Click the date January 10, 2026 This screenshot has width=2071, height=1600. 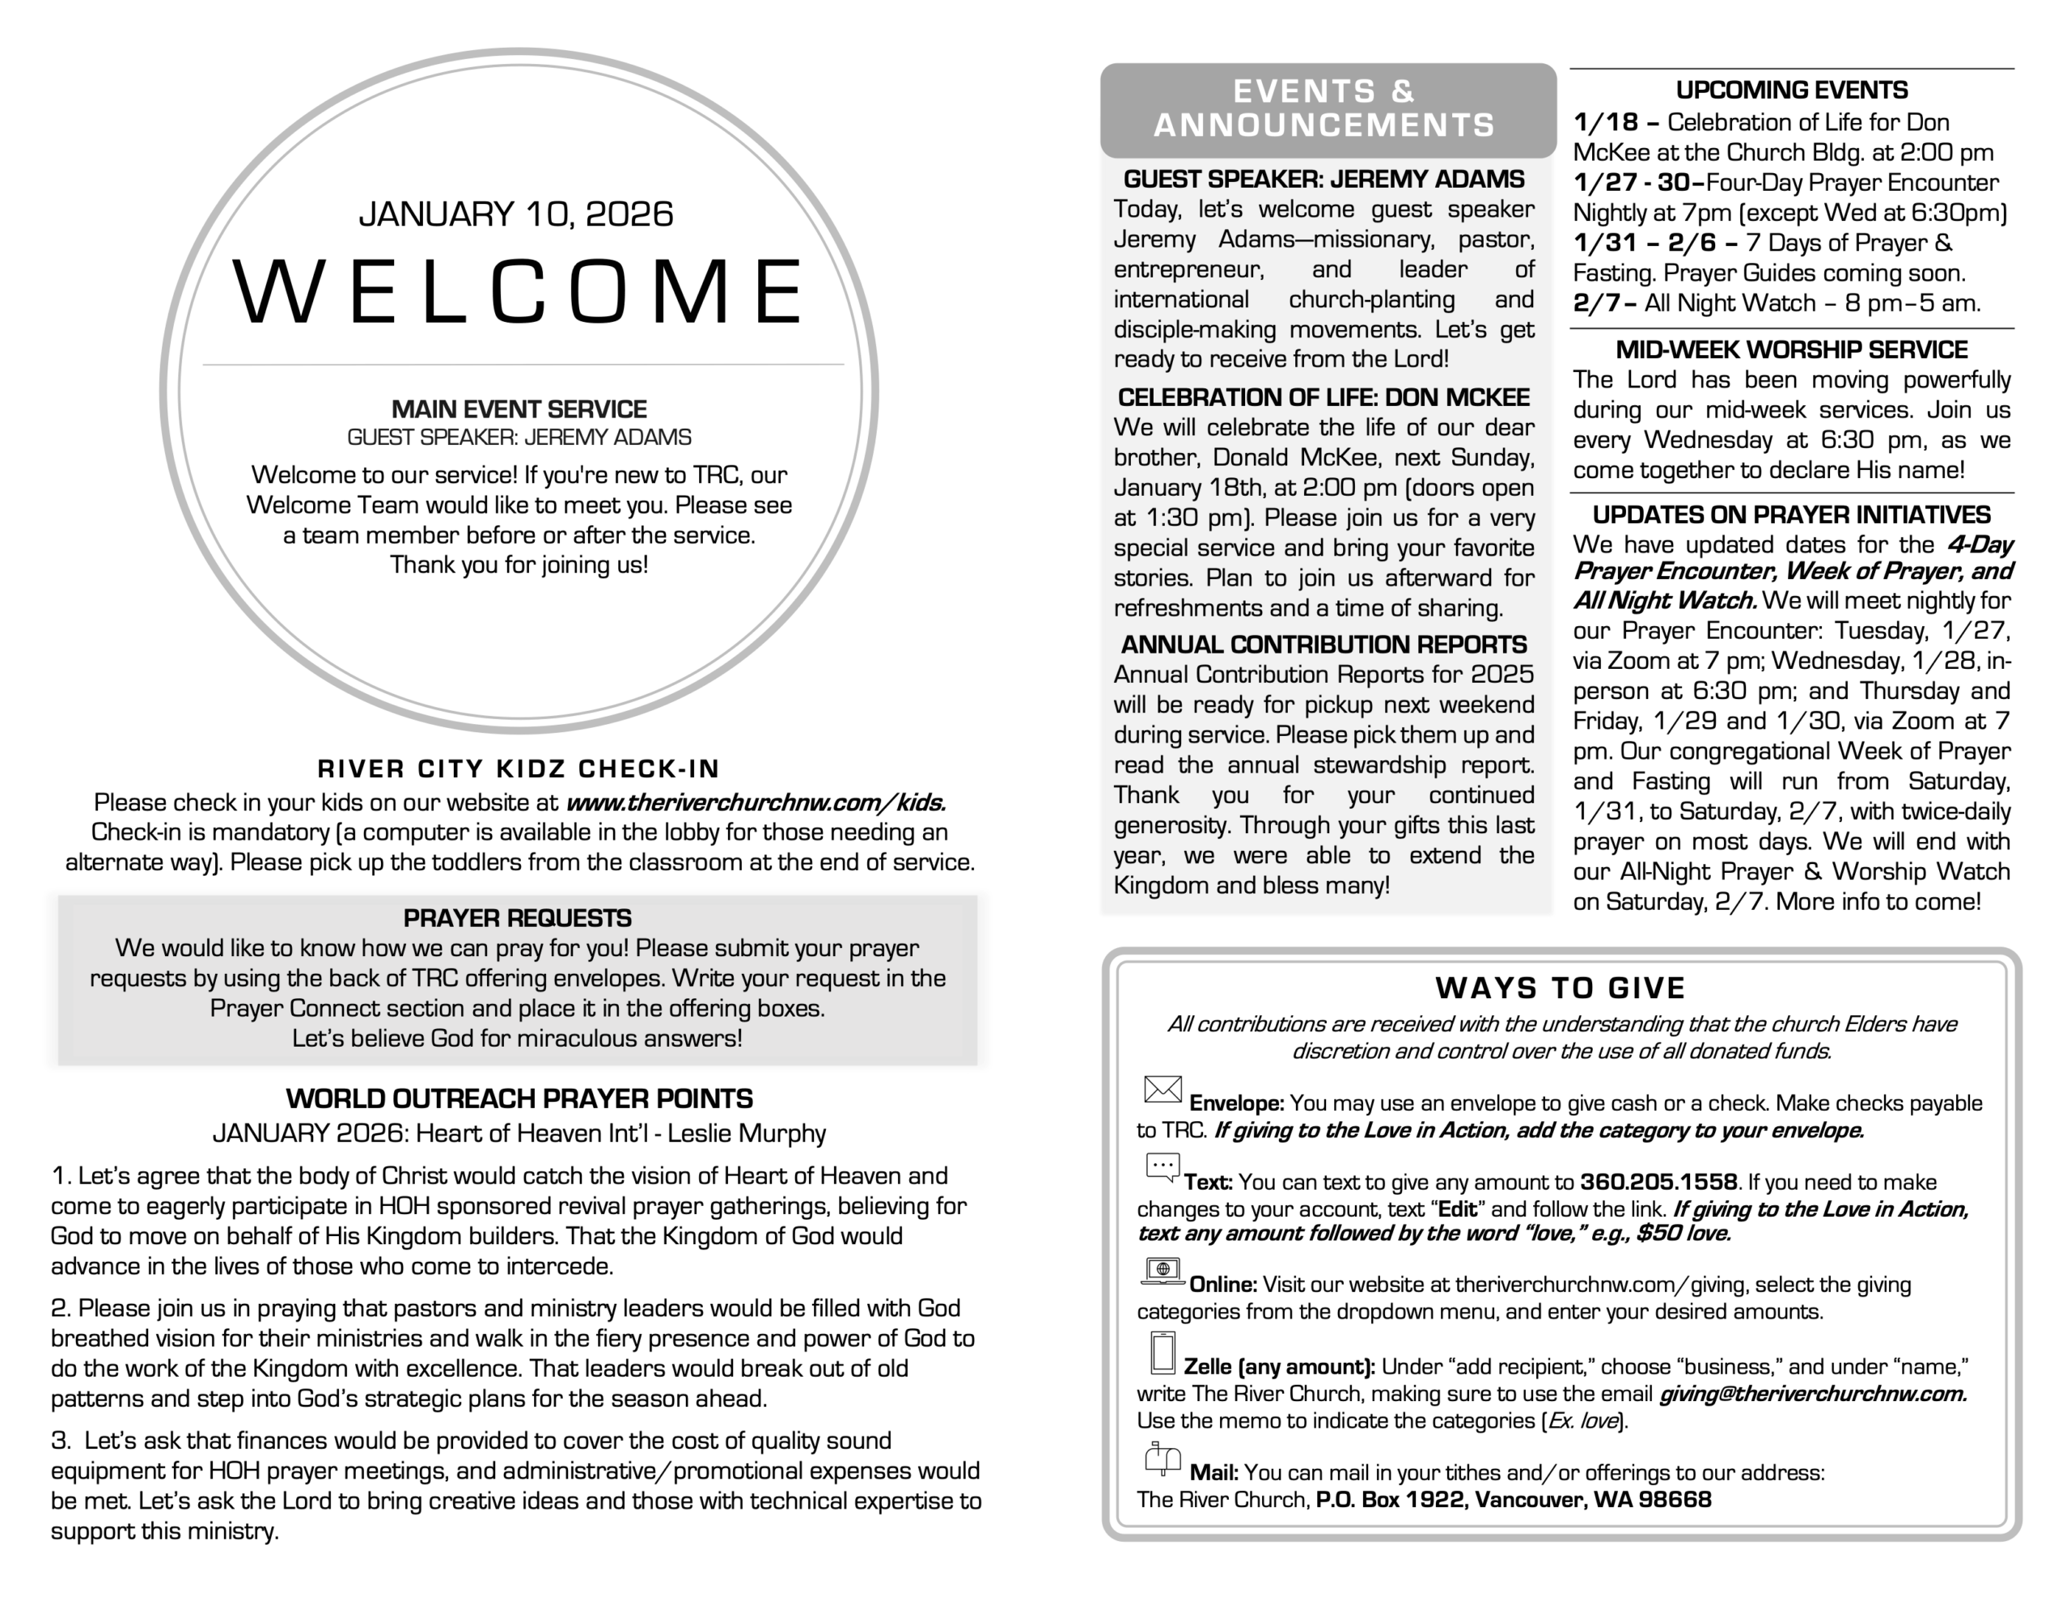point(516,214)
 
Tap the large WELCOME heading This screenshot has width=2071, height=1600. point(519,292)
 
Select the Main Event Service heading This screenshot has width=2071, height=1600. point(519,410)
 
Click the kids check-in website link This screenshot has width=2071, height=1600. point(756,803)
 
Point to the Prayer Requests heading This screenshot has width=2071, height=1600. point(517,918)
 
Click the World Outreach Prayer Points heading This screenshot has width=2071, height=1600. point(519,1099)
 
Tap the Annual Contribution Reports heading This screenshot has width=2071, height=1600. point(1323,645)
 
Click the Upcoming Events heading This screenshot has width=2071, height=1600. point(1791,90)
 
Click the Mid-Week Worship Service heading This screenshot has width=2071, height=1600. point(1791,350)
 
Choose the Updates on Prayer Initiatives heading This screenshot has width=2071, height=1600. point(1791,515)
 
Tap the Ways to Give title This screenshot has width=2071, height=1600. point(1560,988)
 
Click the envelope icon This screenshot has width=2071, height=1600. point(1163,1090)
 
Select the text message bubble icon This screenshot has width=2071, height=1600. point(1163,1167)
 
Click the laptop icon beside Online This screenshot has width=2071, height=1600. point(1163,1271)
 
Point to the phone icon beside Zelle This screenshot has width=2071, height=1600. point(1163,1352)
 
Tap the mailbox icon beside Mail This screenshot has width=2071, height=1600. point(1163,1458)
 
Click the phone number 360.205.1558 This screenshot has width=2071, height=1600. point(1658,1183)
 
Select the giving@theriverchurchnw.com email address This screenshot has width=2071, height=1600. point(1812,1395)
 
